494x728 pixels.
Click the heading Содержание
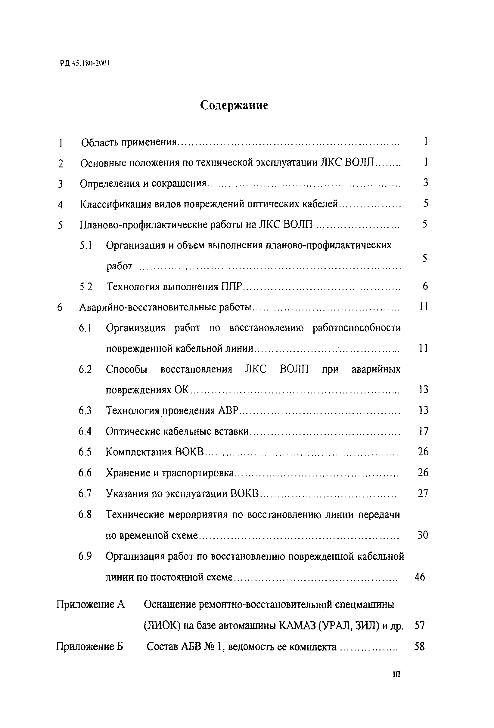click(x=234, y=105)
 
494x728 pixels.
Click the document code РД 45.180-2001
click(x=85, y=64)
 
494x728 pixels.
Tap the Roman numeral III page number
click(x=396, y=683)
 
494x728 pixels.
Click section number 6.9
click(x=85, y=556)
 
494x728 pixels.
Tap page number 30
click(x=422, y=535)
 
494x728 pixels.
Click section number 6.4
click(x=85, y=432)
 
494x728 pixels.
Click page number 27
click(x=423, y=494)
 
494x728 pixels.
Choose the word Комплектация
click(x=139, y=452)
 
